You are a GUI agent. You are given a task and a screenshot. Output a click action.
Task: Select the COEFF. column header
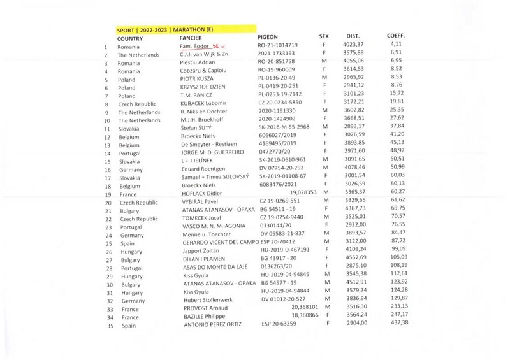pos(396,36)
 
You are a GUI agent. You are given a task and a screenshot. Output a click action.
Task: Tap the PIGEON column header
pos(268,38)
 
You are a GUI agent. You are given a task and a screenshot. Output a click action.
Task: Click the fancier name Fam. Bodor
pos(195,46)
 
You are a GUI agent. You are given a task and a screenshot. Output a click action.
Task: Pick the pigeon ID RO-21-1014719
pos(277,46)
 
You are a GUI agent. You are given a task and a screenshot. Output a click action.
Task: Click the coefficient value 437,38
pos(398,322)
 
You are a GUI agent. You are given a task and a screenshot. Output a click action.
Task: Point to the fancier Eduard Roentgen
pos(203,169)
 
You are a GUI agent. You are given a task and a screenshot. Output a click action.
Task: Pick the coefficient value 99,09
pos(398,248)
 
